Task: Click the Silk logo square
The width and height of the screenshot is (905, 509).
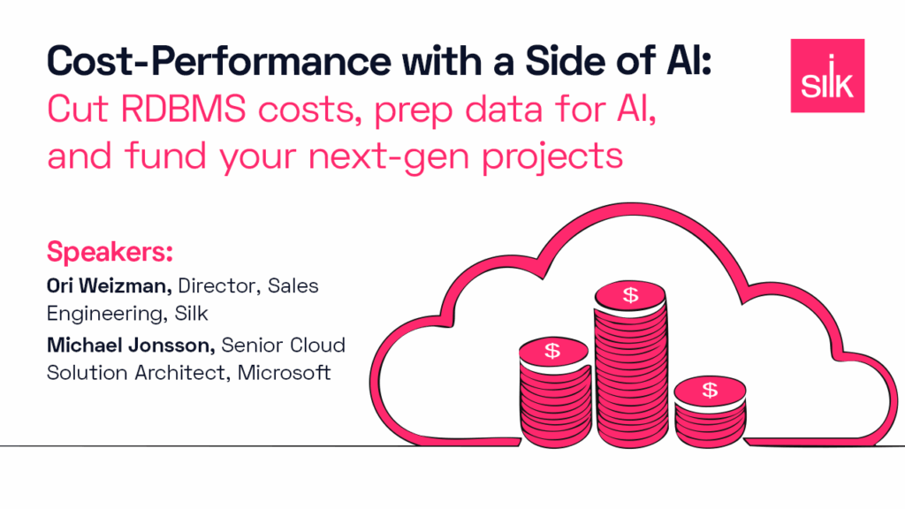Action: pos(827,76)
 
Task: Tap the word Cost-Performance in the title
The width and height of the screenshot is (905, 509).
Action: pos(219,61)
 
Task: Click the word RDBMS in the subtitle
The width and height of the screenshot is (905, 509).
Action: pos(184,109)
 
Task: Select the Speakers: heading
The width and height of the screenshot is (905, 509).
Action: pos(110,252)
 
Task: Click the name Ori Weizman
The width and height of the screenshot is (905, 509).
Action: pos(109,285)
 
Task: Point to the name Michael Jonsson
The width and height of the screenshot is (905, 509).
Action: pos(131,346)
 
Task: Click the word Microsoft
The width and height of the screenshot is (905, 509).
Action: pos(284,373)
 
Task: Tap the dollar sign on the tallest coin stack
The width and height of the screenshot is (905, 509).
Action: pos(631,295)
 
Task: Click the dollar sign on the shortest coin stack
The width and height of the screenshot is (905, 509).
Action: pos(710,390)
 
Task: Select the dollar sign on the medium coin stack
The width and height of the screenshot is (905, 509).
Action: pos(552,350)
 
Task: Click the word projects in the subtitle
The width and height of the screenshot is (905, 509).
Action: pos(552,157)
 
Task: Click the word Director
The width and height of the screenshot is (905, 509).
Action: pos(217,285)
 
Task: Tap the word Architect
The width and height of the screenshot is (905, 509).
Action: pos(182,373)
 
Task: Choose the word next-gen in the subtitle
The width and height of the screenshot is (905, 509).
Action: pos(390,157)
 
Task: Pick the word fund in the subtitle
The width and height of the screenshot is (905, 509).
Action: pos(165,156)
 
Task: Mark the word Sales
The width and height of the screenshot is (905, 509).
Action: pos(293,285)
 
